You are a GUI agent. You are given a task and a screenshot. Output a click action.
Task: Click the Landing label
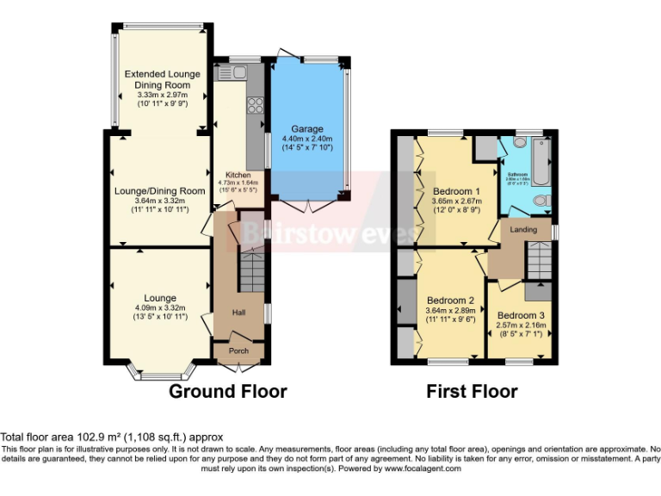coord(523,230)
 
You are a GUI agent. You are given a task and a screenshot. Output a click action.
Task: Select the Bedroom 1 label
coord(455,190)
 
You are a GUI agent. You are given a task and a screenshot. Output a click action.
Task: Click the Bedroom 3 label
coord(521,315)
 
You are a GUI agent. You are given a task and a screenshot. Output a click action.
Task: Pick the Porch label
coord(238,351)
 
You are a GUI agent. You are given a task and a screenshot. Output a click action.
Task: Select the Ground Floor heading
coord(227,392)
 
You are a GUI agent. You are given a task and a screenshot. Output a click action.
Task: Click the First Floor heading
coord(472,392)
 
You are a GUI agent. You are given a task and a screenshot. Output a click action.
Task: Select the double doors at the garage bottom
coord(307,205)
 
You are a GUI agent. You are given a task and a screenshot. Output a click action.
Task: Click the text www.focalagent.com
coord(423,469)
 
